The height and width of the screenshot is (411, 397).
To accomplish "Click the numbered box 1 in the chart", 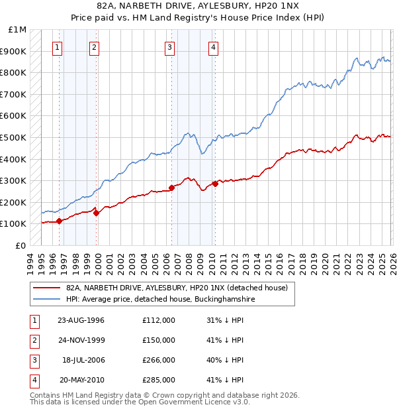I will click(x=58, y=47).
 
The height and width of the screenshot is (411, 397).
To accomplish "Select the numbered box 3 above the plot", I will click(x=170, y=47).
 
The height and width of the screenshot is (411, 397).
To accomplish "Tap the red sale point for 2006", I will click(x=172, y=188).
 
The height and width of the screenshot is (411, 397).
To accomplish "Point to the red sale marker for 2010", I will click(x=214, y=184).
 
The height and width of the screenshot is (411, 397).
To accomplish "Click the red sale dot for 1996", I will click(x=60, y=221).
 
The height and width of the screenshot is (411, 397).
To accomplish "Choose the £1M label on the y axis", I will click(x=18, y=30).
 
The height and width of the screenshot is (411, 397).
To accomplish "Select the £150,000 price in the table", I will click(x=159, y=340).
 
